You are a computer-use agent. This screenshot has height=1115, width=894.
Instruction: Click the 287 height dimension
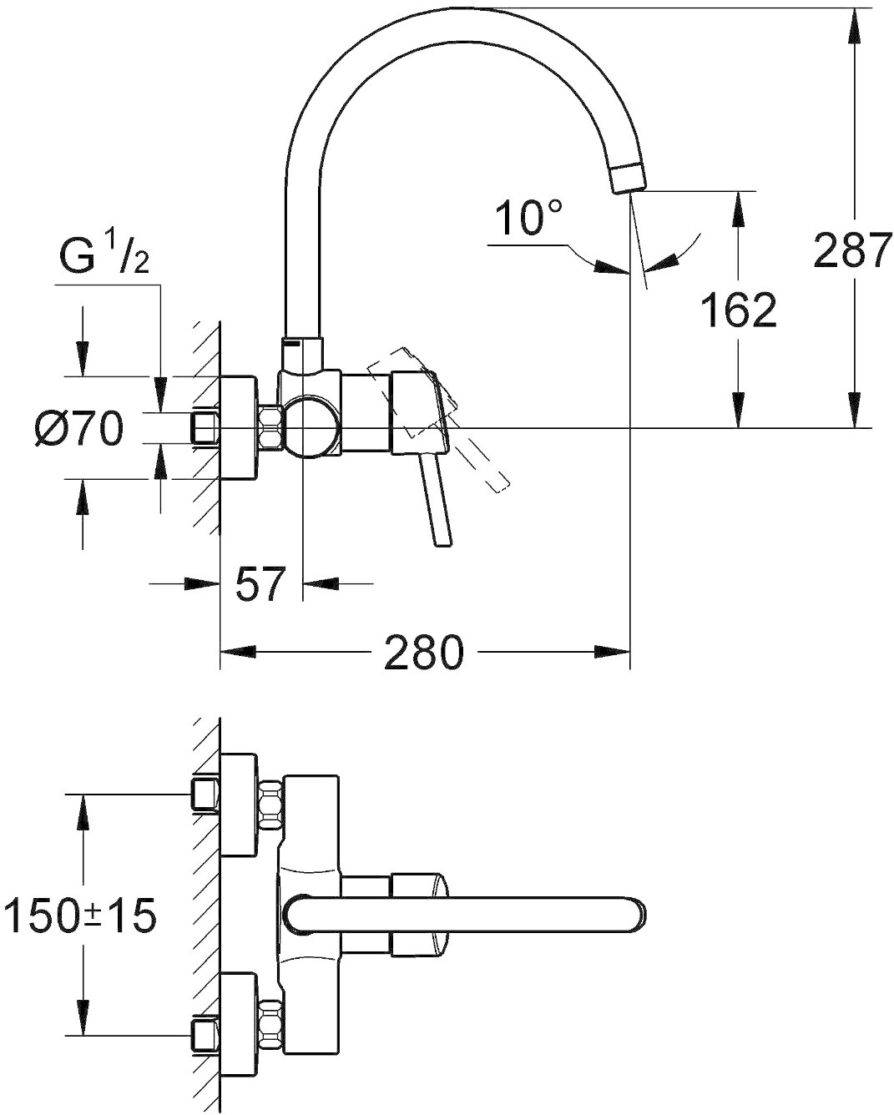[x=851, y=250]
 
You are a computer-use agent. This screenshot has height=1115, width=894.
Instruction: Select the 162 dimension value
[x=738, y=310]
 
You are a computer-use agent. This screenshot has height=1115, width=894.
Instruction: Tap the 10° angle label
[x=528, y=218]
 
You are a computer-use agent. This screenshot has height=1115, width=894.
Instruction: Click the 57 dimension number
[x=260, y=584]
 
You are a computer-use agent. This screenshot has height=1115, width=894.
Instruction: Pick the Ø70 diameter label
[x=78, y=428]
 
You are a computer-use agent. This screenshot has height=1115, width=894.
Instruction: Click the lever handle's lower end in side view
[x=443, y=542]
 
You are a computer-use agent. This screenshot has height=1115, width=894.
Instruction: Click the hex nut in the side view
[x=270, y=427]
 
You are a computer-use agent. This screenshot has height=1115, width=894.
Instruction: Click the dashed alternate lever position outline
[x=438, y=420]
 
